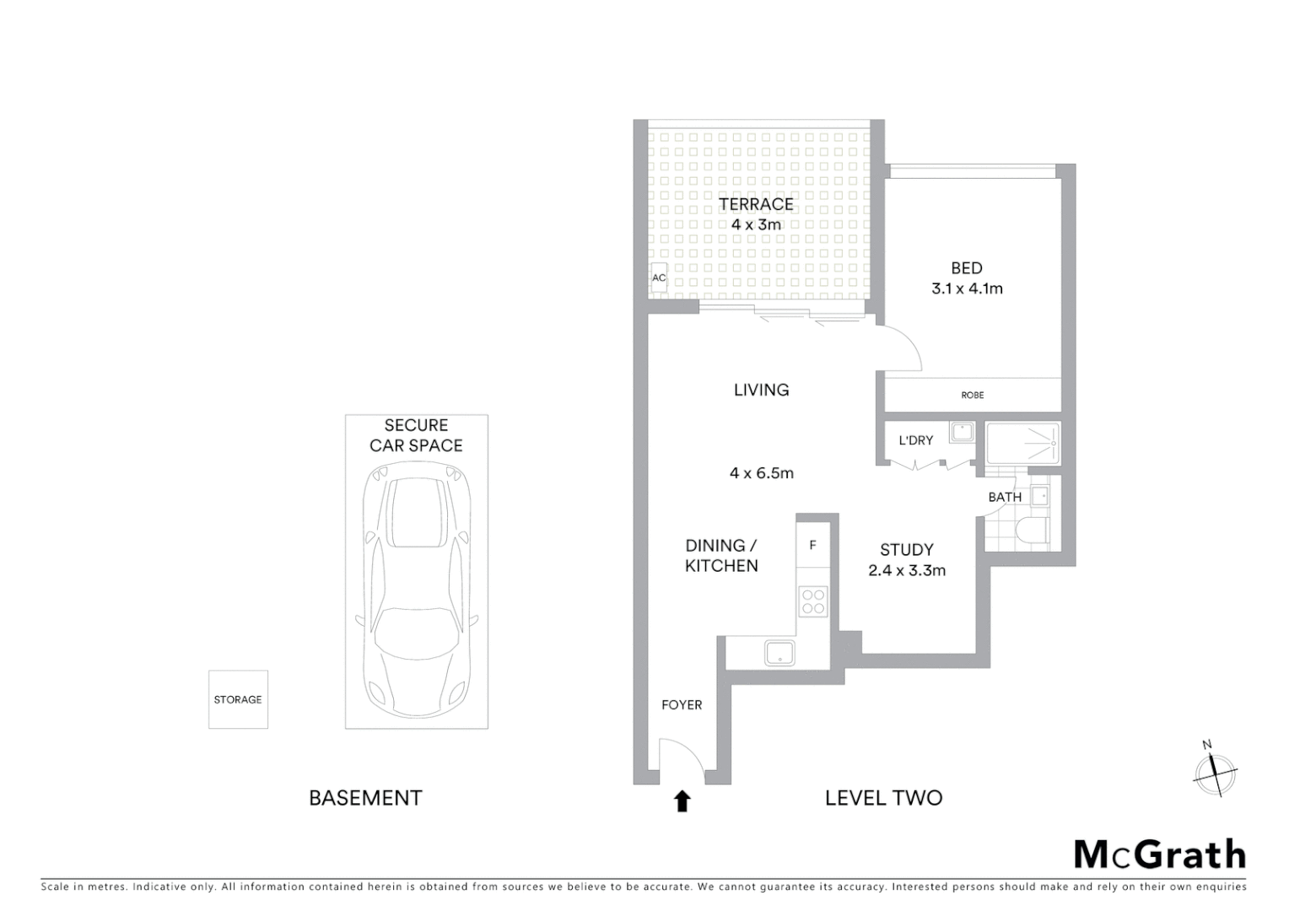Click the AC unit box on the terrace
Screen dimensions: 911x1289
click(x=658, y=278)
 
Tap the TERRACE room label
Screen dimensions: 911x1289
click(x=756, y=204)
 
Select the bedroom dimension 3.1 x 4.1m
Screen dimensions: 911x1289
click(x=967, y=288)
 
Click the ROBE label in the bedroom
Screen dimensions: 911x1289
click(x=972, y=395)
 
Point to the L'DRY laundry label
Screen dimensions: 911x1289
click(x=915, y=440)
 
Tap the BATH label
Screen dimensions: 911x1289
click(x=1004, y=497)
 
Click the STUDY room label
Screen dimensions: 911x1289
click(x=906, y=549)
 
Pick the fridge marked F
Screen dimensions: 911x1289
click(x=812, y=546)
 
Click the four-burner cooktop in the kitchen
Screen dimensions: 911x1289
click(x=813, y=601)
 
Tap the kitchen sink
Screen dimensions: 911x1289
click(x=779, y=653)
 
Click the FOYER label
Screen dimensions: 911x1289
click(x=682, y=705)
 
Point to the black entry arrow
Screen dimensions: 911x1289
click(x=682, y=801)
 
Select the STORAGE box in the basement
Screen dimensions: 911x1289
click(x=238, y=699)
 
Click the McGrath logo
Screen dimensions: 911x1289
click(x=1159, y=854)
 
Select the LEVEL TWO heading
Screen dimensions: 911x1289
click(x=883, y=798)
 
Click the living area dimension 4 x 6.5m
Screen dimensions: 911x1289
click(x=761, y=473)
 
